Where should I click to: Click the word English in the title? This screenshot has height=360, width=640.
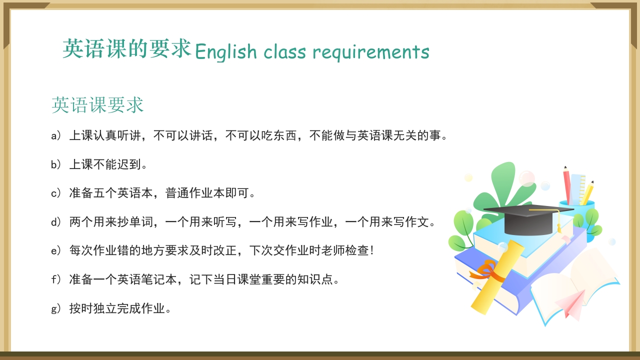[225, 52]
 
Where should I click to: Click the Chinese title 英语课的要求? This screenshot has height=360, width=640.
[127, 49]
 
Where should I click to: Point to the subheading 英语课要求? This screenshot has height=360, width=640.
[97, 105]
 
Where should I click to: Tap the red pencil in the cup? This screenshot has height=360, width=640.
[567, 185]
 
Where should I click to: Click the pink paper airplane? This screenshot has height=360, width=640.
[570, 302]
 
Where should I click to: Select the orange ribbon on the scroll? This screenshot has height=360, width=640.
[484, 270]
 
